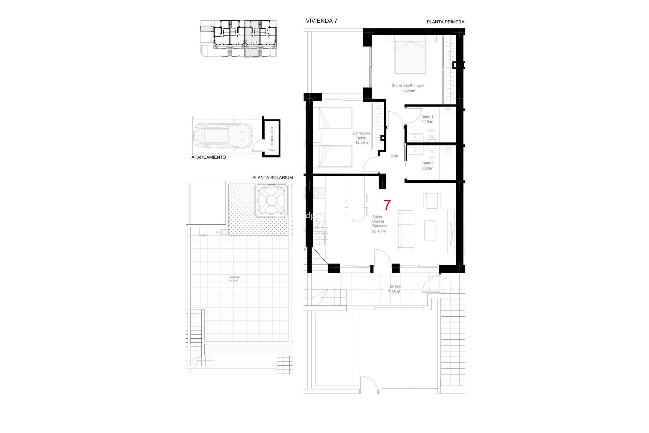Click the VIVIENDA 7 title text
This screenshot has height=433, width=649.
tap(321, 21)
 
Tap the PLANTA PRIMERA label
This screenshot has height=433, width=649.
tap(445, 22)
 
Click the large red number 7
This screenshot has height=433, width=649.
tap(387, 205)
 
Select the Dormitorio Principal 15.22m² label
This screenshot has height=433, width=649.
tap(408, 88)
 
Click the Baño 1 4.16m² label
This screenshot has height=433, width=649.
tap(427, 119)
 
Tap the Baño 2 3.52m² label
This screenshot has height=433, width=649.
tap(428, 165)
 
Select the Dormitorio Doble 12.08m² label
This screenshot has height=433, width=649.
tap(361, 138)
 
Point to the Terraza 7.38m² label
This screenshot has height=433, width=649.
tap(394, 289)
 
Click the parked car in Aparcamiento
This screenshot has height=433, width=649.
tap(223, 136)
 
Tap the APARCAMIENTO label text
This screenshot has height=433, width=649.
tap(209, 157)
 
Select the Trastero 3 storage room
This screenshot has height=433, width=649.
tap(272, 138)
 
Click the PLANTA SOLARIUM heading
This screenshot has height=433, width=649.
tap(272, 178)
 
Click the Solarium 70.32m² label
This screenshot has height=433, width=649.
tap(234, 279)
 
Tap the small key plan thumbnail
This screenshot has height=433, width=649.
tap(239, 38)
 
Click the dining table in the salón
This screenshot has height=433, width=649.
tap(356, 206)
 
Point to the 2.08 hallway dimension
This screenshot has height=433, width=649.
tap(394, 156)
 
